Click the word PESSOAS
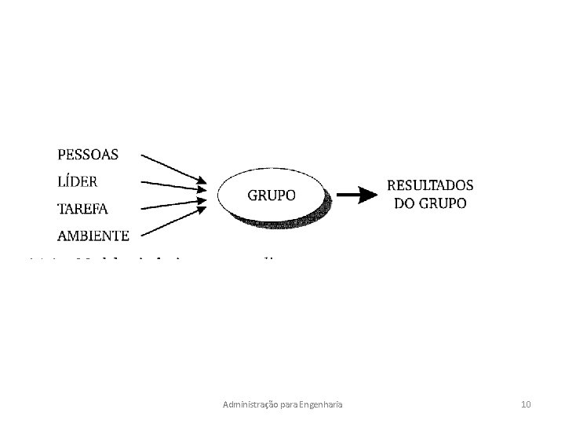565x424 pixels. point(88,155)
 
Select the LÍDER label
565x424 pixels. point(78,181)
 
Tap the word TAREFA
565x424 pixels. point(82,209)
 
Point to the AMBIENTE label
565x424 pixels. point(93,235)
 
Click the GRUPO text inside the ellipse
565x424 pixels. point(272,195)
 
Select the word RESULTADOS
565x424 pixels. point(430,186)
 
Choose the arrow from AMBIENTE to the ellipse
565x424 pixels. point(174,221)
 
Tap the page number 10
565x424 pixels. point(526,404)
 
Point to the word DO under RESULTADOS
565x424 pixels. point(404,203)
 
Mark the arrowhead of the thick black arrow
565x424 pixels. point(370,195)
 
